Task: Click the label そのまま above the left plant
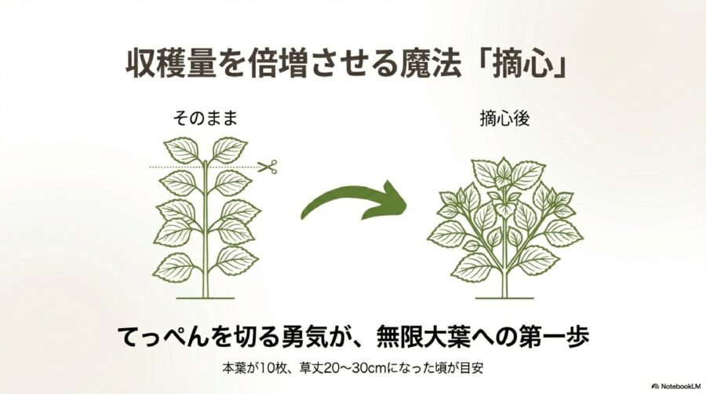pos(205,119)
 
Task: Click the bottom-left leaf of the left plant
pos(173,266)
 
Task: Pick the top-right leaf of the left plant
pos(229,149)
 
